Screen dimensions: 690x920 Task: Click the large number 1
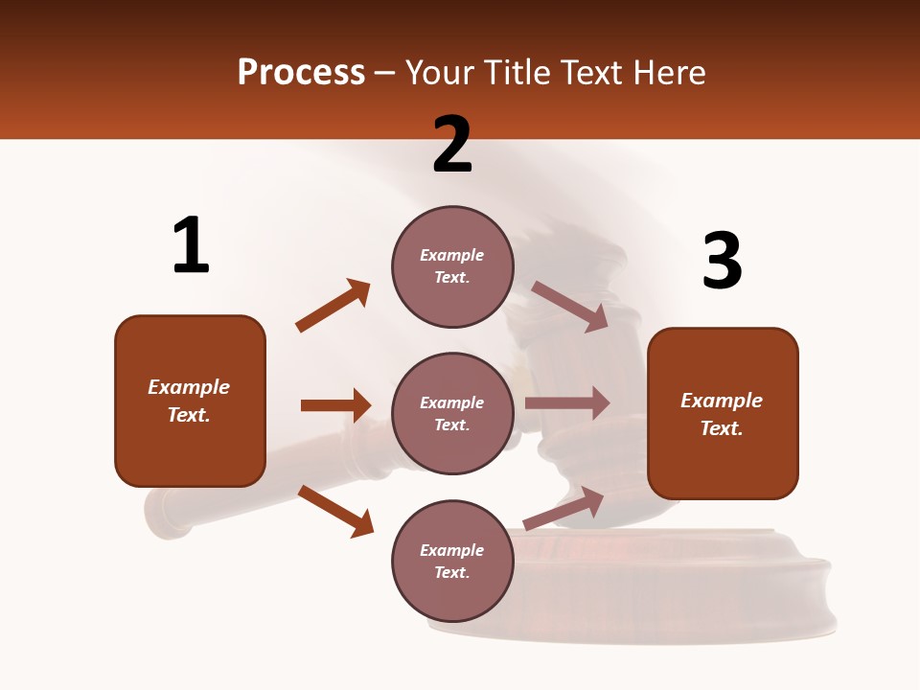click(x=191, y=246)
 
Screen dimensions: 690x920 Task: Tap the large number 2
click(x=452, y=145)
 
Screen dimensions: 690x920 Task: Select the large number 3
click(x=722, y=262)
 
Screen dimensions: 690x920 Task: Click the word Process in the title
click(x=301, y=72)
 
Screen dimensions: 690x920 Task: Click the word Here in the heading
click(x=668, y=72)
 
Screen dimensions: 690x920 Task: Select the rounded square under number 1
click(x=190, y=401)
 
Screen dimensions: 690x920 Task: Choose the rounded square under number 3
click(x=723, y=414)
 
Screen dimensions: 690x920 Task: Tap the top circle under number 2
click(x=452, y=266)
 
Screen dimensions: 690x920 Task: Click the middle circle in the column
click(x=452, y=414)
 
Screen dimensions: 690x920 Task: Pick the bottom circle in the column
click(x=452, y=562)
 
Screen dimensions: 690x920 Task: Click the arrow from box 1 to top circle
click(x=333, y=306)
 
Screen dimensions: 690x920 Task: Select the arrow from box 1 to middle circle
click(x=335, y=405)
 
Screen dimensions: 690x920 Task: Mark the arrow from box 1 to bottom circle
click(x=335, y=511)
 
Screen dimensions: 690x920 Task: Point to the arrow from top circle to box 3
click(x=569, y=306)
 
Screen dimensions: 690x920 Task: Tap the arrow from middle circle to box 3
click(x=567, y=403)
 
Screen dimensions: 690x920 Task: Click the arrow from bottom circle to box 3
click(x=564, y=507)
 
